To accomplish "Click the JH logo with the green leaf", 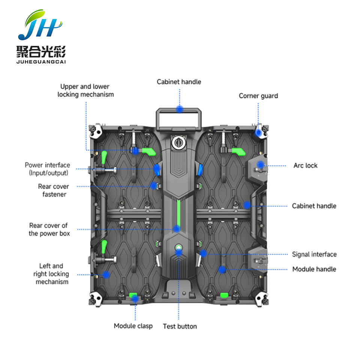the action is coord(40,25).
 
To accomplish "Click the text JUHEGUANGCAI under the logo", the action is coord(41,62).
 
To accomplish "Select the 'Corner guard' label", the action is coord(258,96).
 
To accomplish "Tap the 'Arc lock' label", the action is coord(305,165).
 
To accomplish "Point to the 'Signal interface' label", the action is coord(314,254).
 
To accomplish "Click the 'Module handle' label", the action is coord(314,269).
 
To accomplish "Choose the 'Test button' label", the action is coord(180,326).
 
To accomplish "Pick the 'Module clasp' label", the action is coord(133,326).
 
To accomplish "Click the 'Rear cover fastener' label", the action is coord(54,190).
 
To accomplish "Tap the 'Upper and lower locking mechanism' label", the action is coord(85,90).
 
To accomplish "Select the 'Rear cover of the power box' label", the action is coord(49,229).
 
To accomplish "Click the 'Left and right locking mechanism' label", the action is coord(51,274).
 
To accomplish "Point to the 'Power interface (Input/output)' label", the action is coord(48,169).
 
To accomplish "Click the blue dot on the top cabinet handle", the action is coord(180,109).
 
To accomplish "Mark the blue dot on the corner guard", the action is coord(259,132).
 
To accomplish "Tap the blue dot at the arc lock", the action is coord(260,164).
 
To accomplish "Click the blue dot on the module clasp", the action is coord(135,298).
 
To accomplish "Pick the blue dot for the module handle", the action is coord(222,270).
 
